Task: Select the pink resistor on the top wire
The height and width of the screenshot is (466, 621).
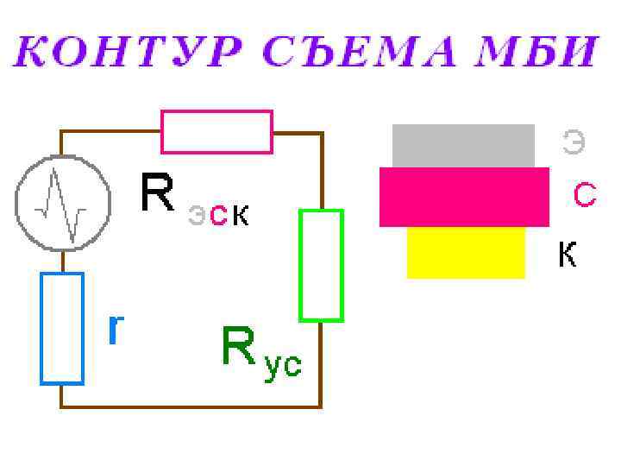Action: [216, 132]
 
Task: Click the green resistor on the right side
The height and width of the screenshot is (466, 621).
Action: [321, 265]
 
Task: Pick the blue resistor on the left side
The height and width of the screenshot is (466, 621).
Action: [62, 328]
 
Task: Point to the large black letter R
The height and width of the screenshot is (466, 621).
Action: [158, 193]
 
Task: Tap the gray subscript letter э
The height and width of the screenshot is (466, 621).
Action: [197, 216]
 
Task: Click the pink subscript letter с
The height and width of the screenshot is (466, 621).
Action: [218, 216]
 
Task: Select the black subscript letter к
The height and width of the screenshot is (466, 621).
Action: [240, 216]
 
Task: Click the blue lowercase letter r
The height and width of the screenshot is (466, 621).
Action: [115, 328]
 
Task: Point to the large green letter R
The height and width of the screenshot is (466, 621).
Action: [239, 347]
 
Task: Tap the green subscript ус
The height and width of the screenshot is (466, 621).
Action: [283, 365]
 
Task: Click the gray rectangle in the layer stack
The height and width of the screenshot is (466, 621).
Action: [463, 145]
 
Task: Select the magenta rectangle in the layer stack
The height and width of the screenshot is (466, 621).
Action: [464, 197]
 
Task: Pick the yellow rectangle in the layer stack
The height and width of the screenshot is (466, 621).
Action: [466, 252]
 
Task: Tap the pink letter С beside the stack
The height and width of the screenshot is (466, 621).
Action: [585, 196]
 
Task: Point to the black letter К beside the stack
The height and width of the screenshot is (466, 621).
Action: [567, 255]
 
